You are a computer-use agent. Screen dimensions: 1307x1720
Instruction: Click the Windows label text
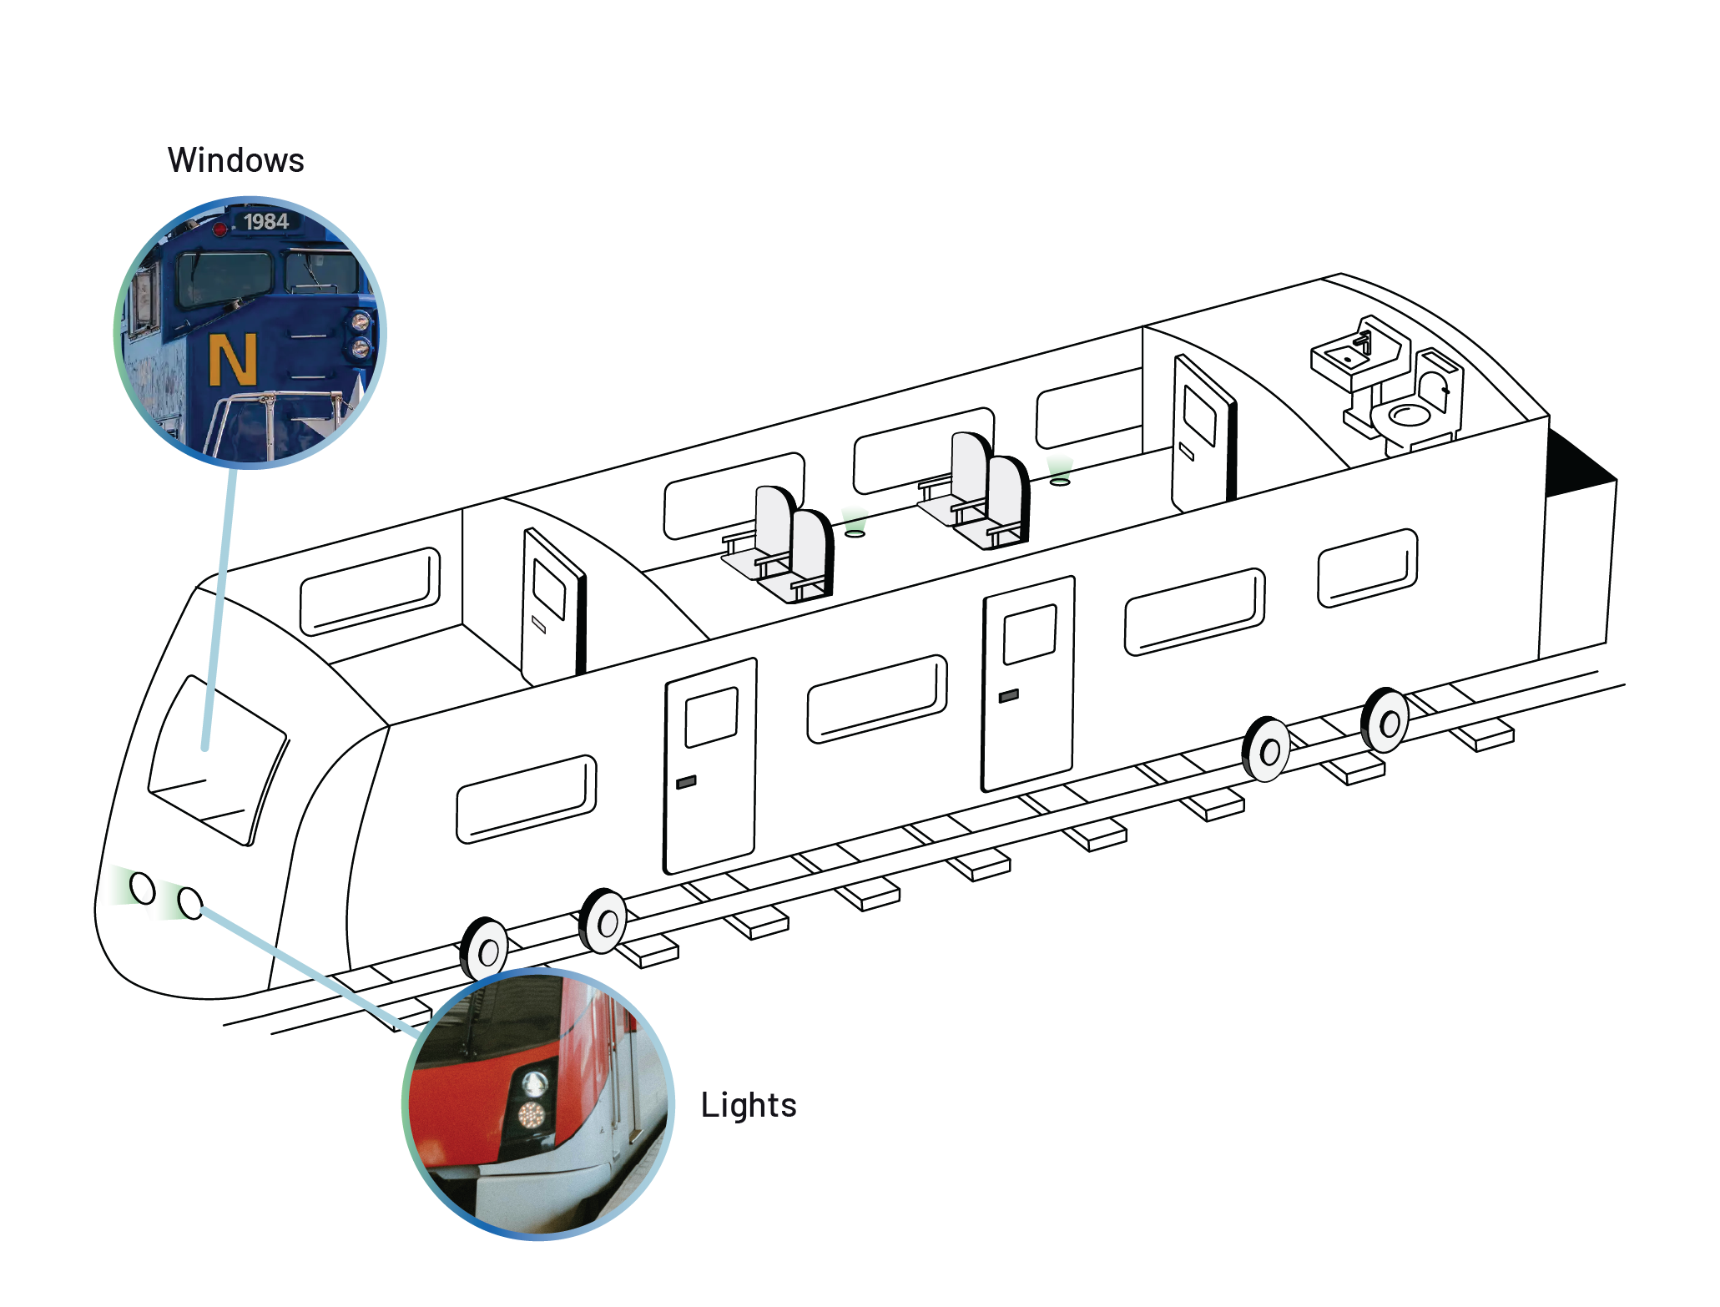(x=236, y=160)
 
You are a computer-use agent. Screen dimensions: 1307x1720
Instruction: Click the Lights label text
(x=749, y=1105)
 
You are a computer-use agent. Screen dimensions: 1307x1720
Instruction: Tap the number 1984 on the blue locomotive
(x=265, y=221)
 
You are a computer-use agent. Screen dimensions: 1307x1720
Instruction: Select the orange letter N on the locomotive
(x=232, y=360)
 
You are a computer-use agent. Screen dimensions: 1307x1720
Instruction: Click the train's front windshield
(x=217, y=759)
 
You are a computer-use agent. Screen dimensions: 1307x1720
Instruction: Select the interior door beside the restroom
(x=1201, y=434)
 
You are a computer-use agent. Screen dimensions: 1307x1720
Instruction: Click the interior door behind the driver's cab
(x=550, y=605)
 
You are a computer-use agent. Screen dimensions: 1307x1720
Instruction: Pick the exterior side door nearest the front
(x=710, y=764)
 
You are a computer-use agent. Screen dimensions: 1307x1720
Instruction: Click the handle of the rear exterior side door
(x=1008, y=695)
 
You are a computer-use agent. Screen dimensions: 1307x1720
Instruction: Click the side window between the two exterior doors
(x=876, y=699)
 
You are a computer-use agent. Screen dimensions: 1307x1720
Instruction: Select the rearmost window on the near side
(x=1367, y=568)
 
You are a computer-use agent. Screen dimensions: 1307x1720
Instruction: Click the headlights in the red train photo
(x=532, y=1098)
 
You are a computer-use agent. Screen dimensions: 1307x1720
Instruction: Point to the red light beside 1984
(x=219, y=229)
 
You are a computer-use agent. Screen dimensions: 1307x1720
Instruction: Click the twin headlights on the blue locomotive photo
(x=360, y=334)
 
